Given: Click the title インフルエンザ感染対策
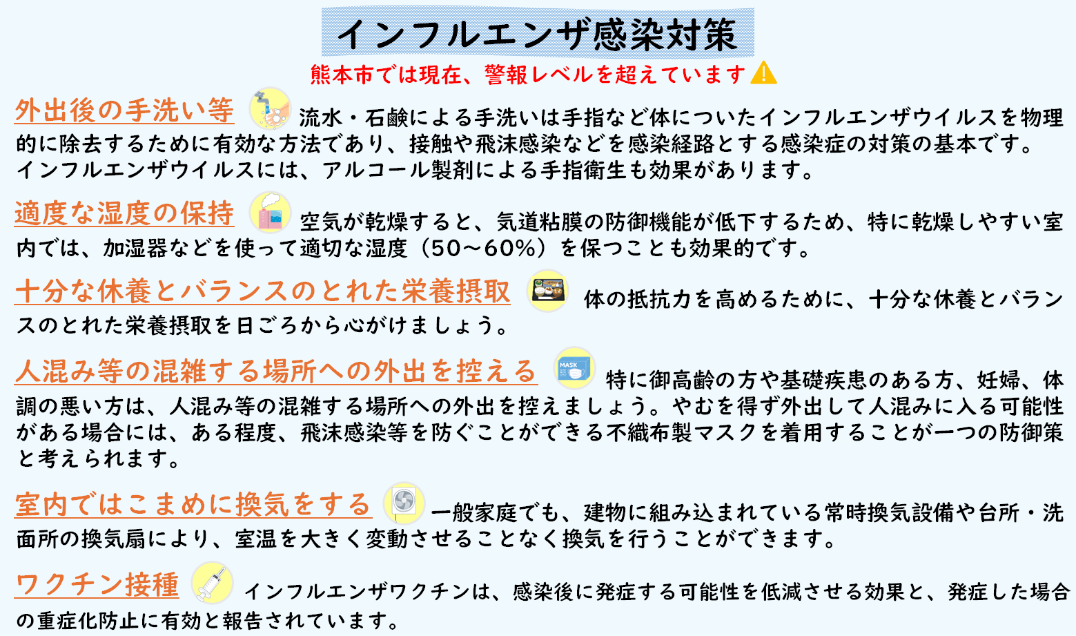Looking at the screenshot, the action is tap(537, 33).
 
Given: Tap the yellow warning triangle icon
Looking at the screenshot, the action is tap(763, 73).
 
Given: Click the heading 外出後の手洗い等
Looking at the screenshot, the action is tap(124, 110).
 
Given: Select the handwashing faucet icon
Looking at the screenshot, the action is tap(270, 108).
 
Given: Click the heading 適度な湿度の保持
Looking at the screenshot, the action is tap(124, 213).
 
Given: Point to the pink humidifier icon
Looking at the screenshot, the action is tap(270, 212).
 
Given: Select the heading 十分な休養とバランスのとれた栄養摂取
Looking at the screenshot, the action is tap(262, 291).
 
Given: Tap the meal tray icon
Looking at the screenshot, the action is tap(547, 291).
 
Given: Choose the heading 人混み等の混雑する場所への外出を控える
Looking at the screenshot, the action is tap(275, 371).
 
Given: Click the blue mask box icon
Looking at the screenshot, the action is tap(575, 368).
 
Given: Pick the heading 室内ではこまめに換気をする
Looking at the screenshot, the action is tap(193, 505).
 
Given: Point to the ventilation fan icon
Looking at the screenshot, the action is tap(404, 502).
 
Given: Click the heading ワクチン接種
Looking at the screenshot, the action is tap(97, 585).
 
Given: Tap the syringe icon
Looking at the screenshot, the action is tap(212, 583).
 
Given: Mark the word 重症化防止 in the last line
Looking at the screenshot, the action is tap(88, 621).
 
